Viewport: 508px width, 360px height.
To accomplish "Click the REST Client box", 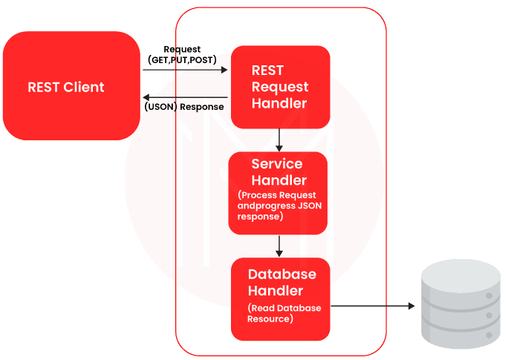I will pos(71,86).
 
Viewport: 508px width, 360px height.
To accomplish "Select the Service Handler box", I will pos(279,192).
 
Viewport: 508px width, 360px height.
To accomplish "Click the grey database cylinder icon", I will pos(458,302).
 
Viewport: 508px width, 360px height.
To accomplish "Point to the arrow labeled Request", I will pos(186,71).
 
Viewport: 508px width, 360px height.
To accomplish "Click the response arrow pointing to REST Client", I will pos(186,97).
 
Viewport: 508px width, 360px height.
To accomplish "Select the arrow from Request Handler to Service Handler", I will pos(279,140).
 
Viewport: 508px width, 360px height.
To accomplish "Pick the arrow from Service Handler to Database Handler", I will pos(279,246).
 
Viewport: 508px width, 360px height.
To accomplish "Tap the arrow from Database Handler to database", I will pos(371,305).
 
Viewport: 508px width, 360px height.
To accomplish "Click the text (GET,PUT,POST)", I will pos(183,59).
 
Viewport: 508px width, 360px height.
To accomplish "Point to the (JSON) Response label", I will pos(183,107).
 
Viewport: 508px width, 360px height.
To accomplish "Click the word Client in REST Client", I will pos(84,87).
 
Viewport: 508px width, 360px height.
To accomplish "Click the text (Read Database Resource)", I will pos(284,313).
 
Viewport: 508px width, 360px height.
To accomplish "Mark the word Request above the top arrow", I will pos(182,49).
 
